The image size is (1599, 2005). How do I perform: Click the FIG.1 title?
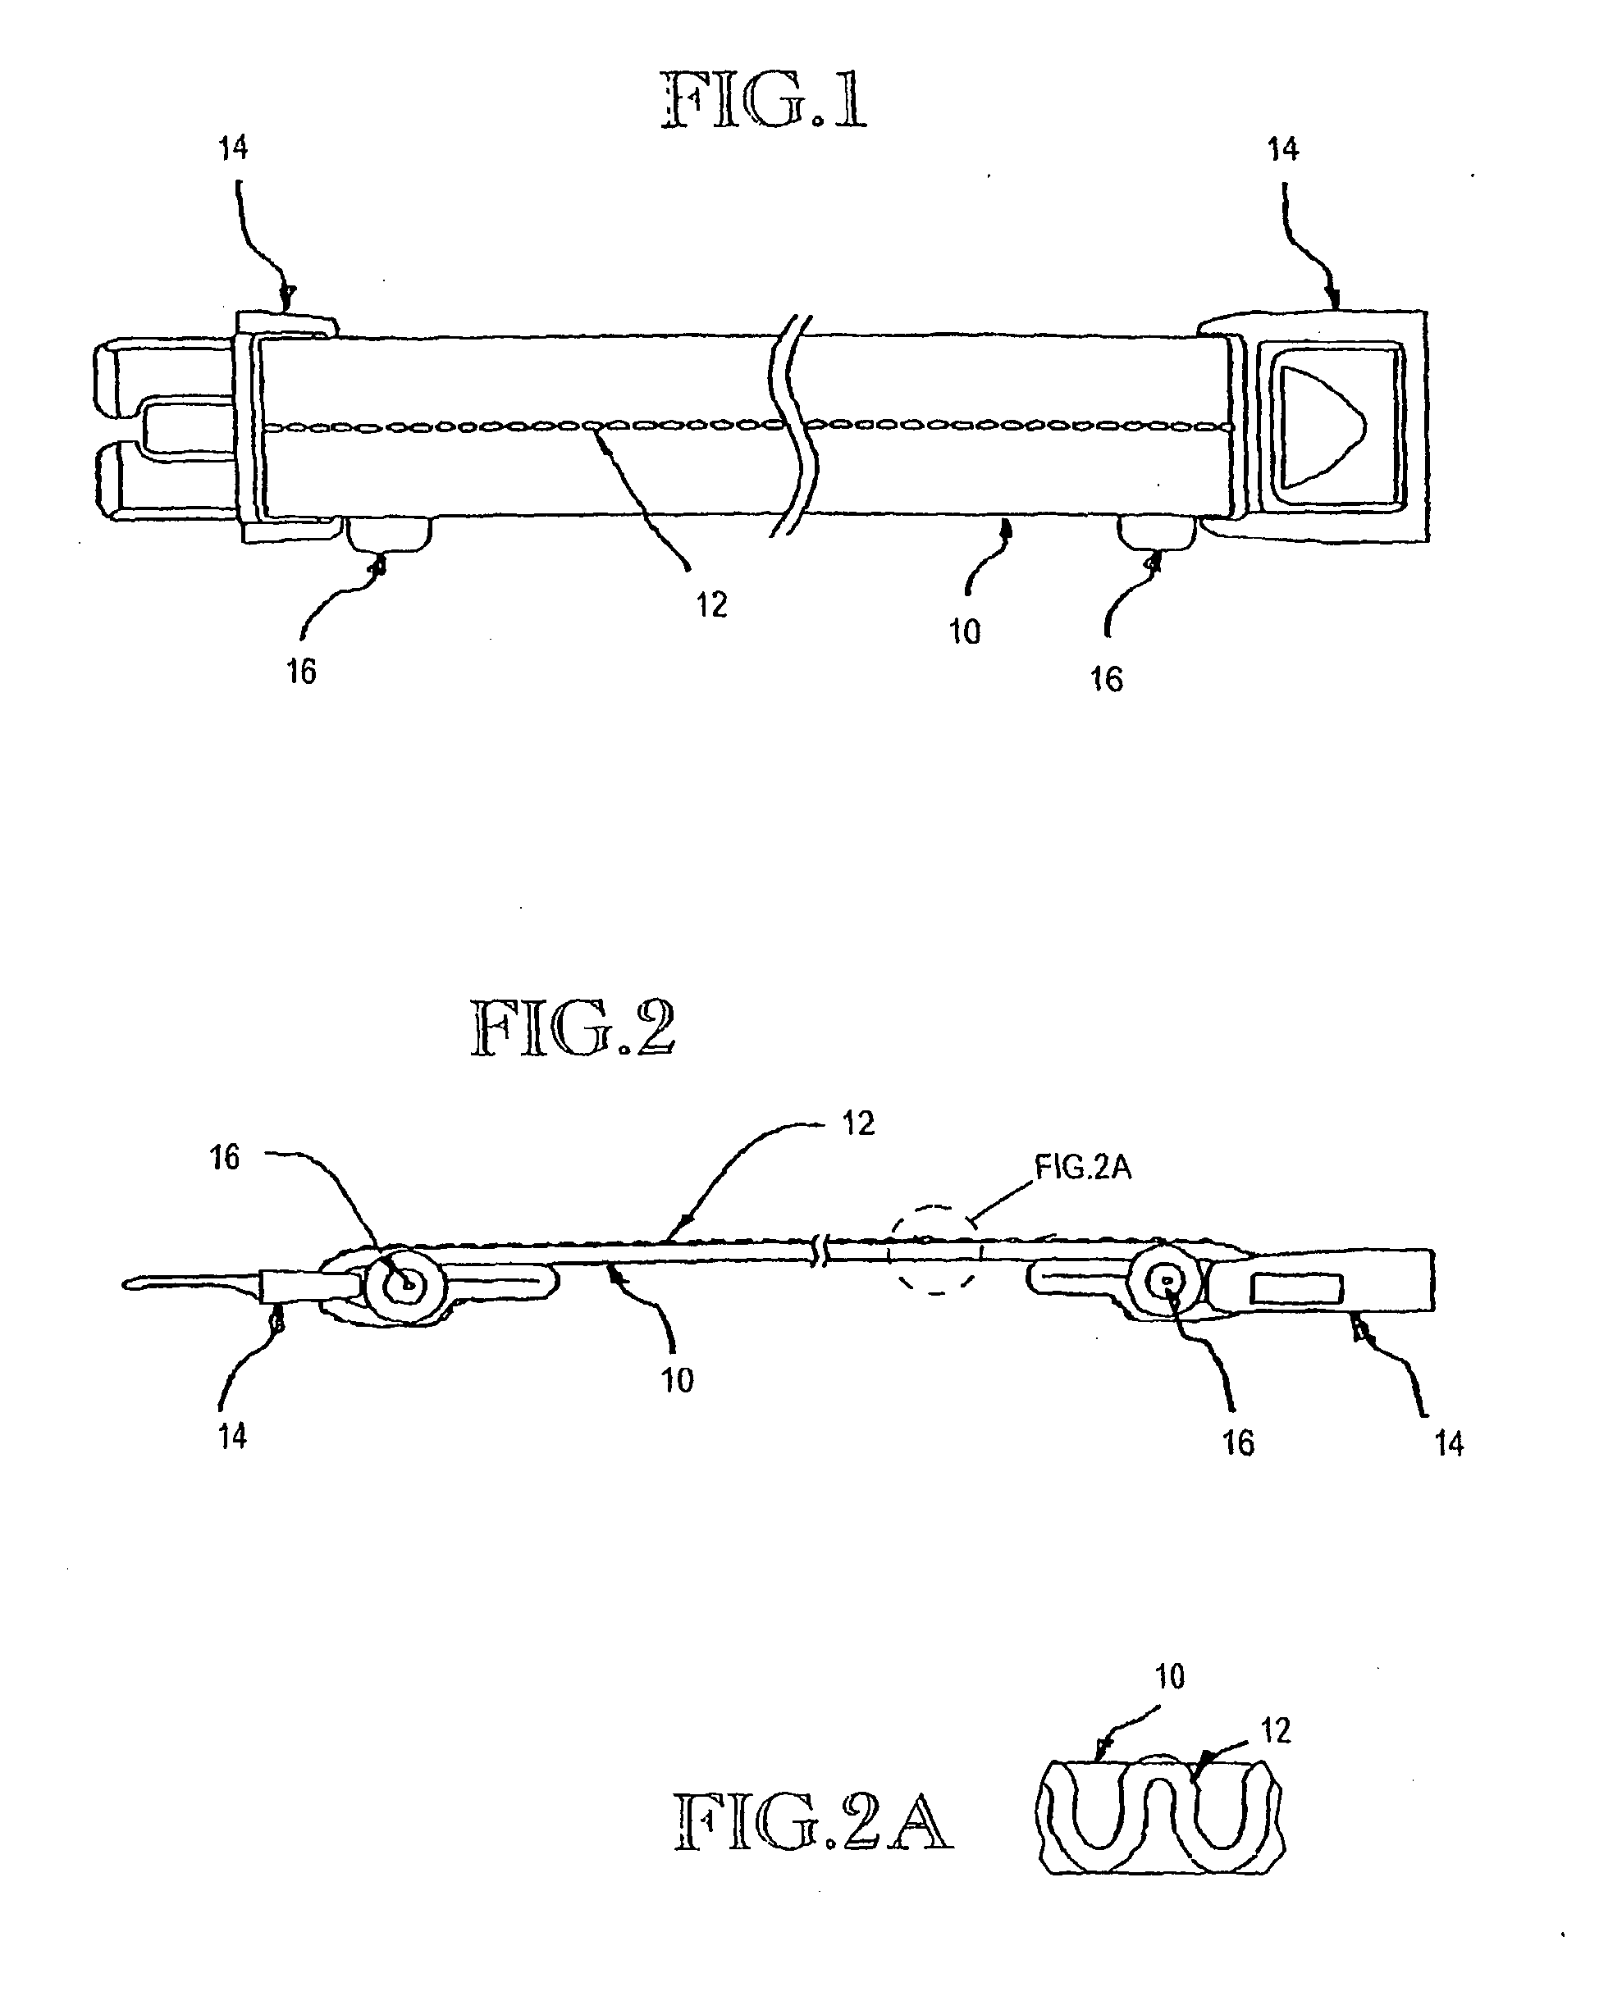(x=765, y=102)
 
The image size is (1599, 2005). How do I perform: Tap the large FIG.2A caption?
(x=812, y=1823)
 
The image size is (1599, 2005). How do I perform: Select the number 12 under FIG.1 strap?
(x=711, y=605)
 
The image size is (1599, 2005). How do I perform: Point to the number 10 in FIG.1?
(x=965, y=632)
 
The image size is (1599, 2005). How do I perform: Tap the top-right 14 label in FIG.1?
(x=1283, y=148)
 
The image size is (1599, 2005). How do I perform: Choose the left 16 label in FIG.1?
(x=300, y=672)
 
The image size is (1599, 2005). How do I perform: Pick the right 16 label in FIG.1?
(x=1106, y=680)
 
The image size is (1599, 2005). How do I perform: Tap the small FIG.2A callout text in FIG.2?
(x=1083, y=1168)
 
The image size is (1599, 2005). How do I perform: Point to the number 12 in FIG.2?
(x=857, y=1123)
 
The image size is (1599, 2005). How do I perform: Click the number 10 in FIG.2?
(x=677, y=1380)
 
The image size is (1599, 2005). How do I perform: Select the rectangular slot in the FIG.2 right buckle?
(x=1297, y=1289)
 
